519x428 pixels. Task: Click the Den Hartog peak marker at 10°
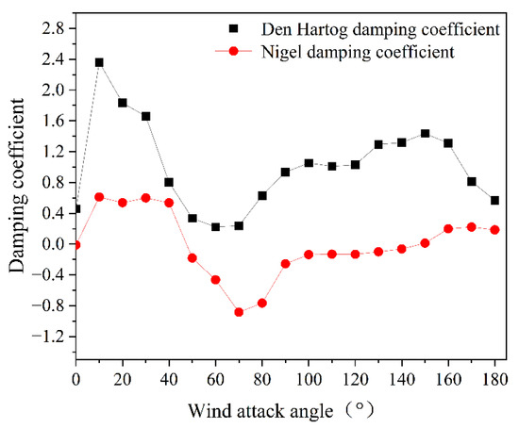point(99,62)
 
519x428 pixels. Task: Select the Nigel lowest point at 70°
point(239,312)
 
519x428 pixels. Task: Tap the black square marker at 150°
point(426,134)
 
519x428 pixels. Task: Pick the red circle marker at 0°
point(76,245)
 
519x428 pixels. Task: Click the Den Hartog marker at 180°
point(495,201)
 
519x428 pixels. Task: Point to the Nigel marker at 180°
point(495,230)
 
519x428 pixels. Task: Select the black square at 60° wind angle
point(216,227)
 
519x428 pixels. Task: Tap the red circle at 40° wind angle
point(169,203)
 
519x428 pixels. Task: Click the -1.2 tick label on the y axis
point(51,337)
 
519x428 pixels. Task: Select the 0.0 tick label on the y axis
point(55,244)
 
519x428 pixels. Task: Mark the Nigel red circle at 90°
point(286,264)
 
